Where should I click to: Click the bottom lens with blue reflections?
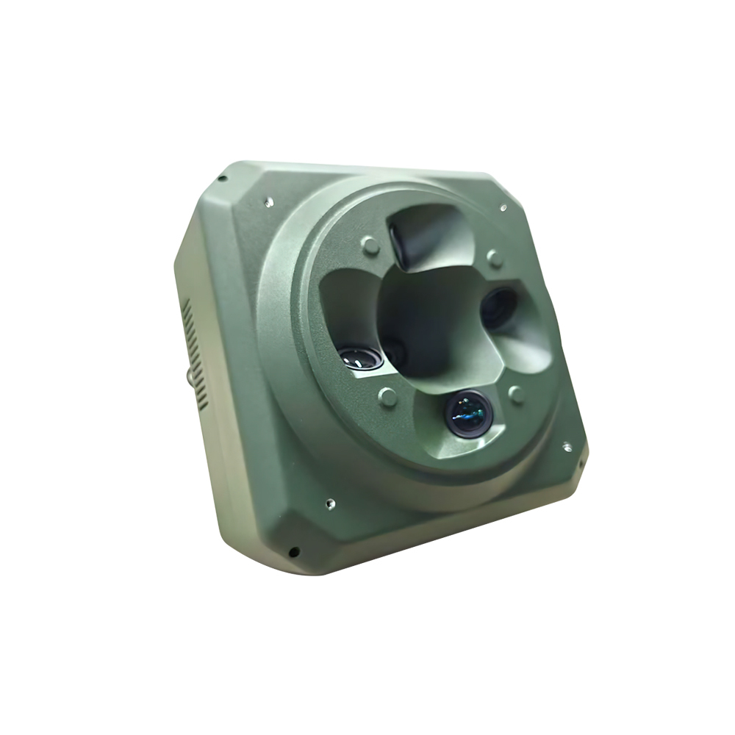click(x=469, y=414)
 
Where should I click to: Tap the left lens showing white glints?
click(x=361, y=358)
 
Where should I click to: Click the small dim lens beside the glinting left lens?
click(x=394, y=351)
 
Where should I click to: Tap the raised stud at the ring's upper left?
click(x=370, y=245)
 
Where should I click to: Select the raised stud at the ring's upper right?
click(x=495, y=258)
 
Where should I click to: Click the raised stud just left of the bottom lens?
click(x=387, y=397)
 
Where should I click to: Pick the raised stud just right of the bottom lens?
click(x=517, y=395)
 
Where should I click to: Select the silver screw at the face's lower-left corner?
click(x=330, y=503)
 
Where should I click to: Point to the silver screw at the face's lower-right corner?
click(x=566, y=446)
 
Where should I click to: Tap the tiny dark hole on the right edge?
click(x=580, y=464)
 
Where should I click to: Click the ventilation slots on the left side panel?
click(x=195, y=353)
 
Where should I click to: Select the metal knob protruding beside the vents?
click(x=190, y=376)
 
